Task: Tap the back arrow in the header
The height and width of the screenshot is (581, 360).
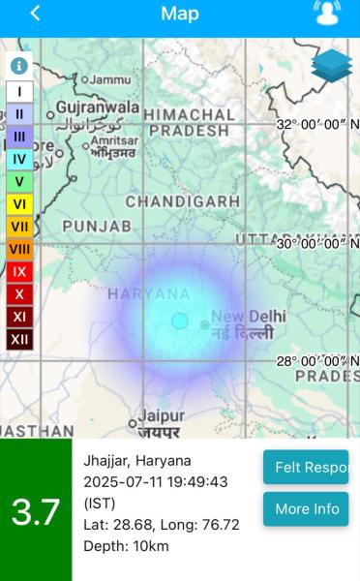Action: [35, 14]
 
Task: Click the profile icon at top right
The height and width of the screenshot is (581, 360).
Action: [328, 14]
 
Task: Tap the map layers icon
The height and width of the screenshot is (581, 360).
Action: [332, 66]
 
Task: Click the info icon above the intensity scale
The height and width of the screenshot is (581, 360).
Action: [18, 66]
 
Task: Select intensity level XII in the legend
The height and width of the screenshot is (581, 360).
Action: [19, 339]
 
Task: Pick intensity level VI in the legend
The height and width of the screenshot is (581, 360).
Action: [19, 203]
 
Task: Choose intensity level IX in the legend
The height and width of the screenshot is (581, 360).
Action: [19, 271]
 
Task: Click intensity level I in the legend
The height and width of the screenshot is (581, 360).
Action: [19, 91]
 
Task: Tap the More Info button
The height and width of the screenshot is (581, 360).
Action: [306, 508]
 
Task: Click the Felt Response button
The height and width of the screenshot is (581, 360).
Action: [306, 468]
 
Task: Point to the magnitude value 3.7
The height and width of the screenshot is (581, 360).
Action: [36, 511]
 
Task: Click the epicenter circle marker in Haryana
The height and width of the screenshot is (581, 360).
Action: [179, 321]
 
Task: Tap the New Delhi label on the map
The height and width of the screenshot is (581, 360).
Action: [249, 317]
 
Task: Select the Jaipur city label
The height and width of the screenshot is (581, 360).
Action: [161, 415]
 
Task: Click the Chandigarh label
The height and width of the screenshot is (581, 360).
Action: [182, 201]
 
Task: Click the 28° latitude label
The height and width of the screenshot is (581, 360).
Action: [317, 360]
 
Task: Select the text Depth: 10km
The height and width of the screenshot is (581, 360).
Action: [126, 545]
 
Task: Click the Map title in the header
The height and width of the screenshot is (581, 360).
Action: [180, 14]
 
